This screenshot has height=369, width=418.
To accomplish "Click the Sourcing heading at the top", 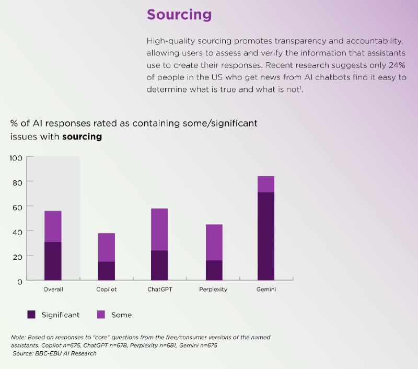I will (x=179, y=15).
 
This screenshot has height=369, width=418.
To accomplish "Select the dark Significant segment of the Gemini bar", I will (x=265, y=236).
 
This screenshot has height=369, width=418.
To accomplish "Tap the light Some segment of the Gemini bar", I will (x=265, y=184).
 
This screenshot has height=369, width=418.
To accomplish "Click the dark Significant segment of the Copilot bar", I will (x=106, y=271).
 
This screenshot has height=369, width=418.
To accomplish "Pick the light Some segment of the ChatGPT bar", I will (x=159, y=229).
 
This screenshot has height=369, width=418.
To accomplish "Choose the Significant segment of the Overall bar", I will (x=53, y=261).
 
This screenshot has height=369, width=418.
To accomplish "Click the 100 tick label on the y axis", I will (x=16, y=157).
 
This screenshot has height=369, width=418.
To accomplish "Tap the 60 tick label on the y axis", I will (x=17, y=207).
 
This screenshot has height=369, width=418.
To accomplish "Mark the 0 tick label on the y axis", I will (x=19, y=281).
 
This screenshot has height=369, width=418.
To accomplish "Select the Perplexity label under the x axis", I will (x=213, y=290).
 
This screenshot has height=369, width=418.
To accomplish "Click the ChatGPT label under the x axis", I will (x=159, y=290).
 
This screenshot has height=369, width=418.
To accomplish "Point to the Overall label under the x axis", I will (x=53, y=290).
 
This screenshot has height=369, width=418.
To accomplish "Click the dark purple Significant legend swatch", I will (x=31, y=315).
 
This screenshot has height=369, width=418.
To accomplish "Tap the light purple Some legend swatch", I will (x=101, y=315).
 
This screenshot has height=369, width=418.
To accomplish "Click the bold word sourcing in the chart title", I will (x=82, y=137).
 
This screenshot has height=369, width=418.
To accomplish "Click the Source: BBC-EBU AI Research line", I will (x=55, y=354).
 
